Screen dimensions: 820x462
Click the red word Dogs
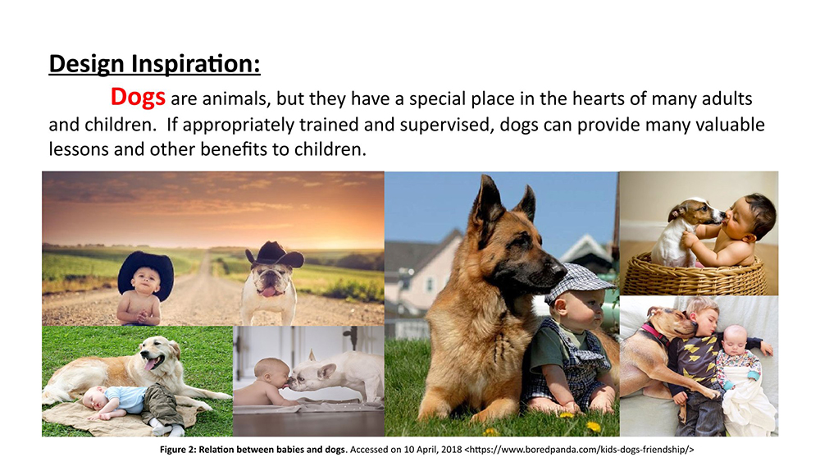tap(138, 98)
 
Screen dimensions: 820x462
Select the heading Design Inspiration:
tap(154, 64)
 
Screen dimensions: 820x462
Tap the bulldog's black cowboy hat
tap(275, 254)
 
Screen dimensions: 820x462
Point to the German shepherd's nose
tap(560, 271)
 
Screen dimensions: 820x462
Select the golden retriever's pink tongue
tap(151, 363)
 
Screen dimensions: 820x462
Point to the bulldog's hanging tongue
tap(268, 291)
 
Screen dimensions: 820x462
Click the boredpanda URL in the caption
tap(579, 450)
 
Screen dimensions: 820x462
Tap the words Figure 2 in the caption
tap(178, 450)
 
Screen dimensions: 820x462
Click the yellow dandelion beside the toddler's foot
tap(594, 426)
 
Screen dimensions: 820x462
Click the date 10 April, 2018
tap(432, 450)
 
